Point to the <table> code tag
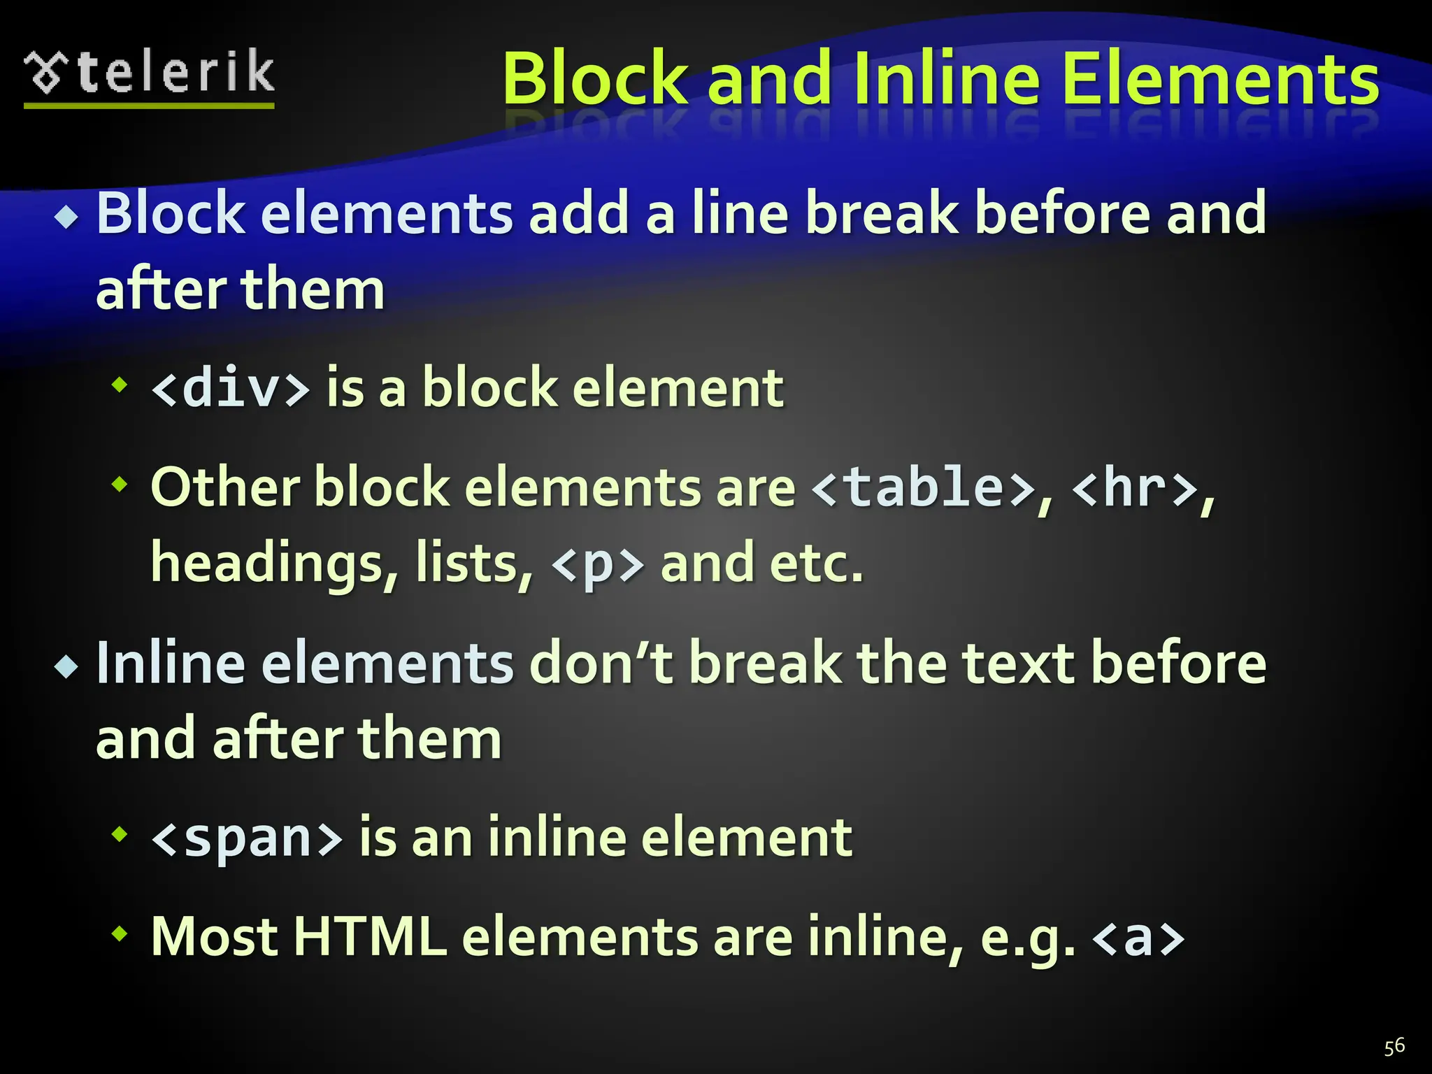(924, 487)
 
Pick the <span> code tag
(247, 838)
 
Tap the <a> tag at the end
(1138, 938)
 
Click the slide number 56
(1394, 1046)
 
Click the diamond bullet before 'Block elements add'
(67, 218)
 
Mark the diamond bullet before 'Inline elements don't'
(67, 668)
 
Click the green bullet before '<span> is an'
(120, 833)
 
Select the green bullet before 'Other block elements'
(120, 483)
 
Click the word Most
(215, 936)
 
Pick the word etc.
(816, 564)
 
